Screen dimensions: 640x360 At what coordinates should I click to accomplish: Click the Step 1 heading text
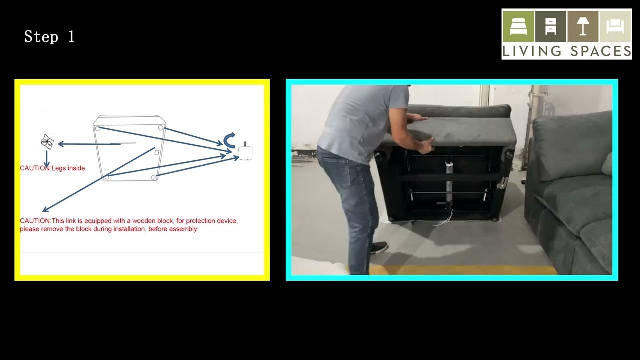pyautogui.click(x=49, y=37)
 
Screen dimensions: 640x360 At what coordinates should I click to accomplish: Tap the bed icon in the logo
pyautogui.click(x=518, y=26)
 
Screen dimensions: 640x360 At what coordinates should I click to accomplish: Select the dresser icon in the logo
pyautogui.click(x=551, y=26)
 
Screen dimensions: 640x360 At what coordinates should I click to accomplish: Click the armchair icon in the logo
pyautogui.click(x=615, y=27)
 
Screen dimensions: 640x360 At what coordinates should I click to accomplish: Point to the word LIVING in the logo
pyautogui.click(x=532, y=51)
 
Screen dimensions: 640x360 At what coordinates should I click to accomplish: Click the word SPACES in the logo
pyautogui.click(x=601, y=51)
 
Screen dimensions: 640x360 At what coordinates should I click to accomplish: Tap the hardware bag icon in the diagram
pyautogui.click(x=47, y=141)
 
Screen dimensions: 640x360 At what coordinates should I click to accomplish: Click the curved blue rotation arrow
pyautogui.click(x=229, y=140)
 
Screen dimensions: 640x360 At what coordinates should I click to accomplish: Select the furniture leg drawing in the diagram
pyautogui.click(x=245, y=151)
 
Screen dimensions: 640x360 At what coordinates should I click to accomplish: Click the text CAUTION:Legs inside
pyautogui.click(x=52, y=168)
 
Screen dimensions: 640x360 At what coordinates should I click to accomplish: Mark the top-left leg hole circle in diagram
pyautogui.click(x=98, y=129)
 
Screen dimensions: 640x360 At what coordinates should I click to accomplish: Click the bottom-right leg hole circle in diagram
pyautogui.click(x=153, y=177)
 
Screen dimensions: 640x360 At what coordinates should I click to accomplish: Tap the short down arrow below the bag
pyautogui.click(x=47, y=159)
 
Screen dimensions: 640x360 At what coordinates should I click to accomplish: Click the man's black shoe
pyautogui.click(x=379, y=247)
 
